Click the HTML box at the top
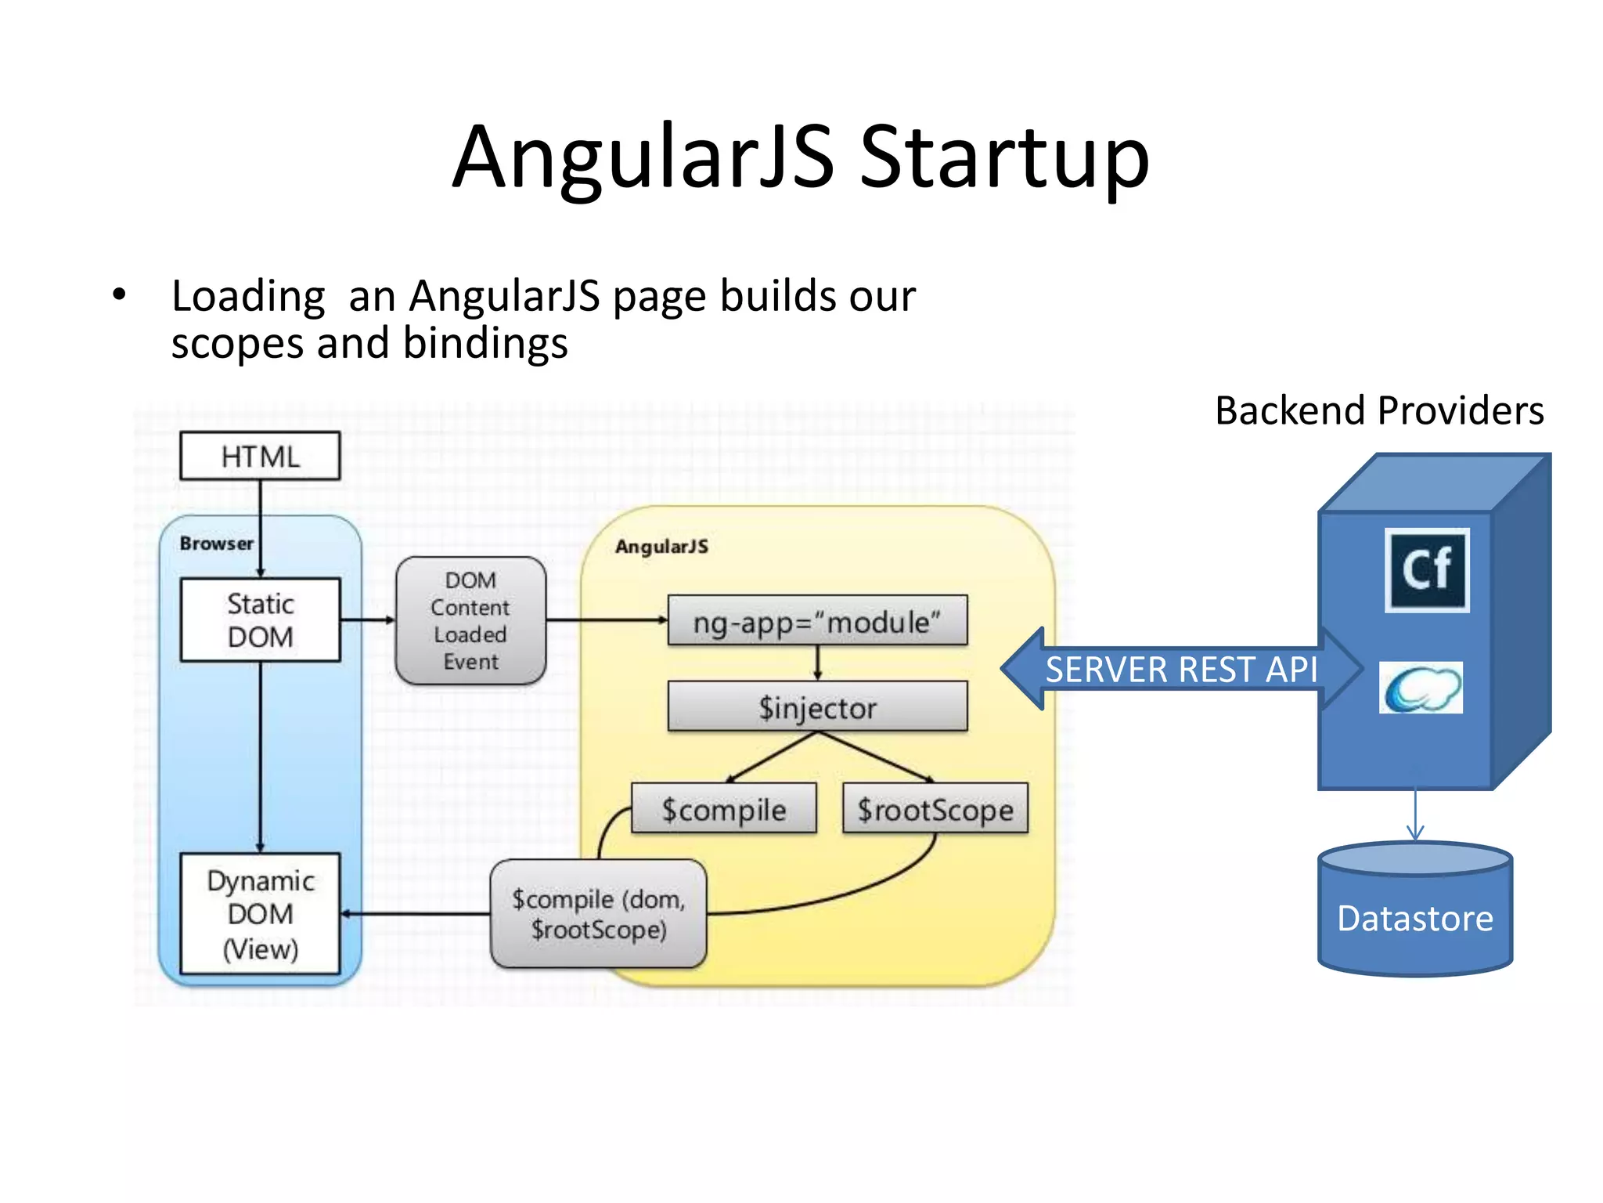coord(260,456)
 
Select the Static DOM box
coord(260,620)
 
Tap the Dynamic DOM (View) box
coord(260,914)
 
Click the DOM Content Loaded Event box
coord(470,620)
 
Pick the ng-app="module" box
coord(817,621)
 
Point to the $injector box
coord(817,707)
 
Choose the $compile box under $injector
coord(723,809)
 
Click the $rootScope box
coord(935,809)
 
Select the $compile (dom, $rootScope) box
coord(598,914)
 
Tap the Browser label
coord(216,544)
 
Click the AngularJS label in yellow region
coord(661,547)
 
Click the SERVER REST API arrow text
coord(1180,670)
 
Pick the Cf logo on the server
coord(1427,569)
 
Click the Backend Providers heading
coord(1379,410)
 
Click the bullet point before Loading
coord(119,295)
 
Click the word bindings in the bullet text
coord(485,344)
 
